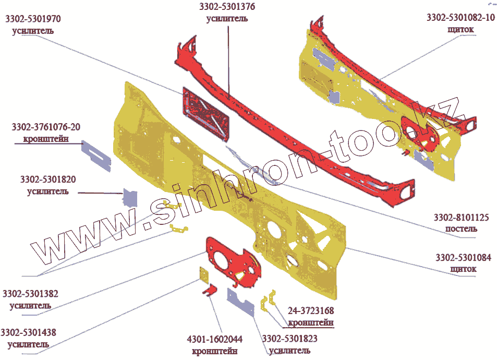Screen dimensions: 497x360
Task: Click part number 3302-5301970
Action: [x=33, y=19]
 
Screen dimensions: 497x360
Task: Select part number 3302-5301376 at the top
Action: [x=227, y=7]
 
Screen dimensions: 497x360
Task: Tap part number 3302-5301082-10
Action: [x=460, y=18]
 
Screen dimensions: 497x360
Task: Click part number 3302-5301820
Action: [x=48, y=179]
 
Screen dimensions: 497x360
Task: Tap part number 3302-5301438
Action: [x=29, y=332]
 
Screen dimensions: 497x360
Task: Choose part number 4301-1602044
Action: [x=214, y=339]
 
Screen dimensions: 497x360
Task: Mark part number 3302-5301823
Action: [x=289, y=339]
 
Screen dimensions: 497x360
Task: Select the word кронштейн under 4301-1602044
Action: [x=214, y=351]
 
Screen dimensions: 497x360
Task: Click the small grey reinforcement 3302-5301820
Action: [x=130, y=197]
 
